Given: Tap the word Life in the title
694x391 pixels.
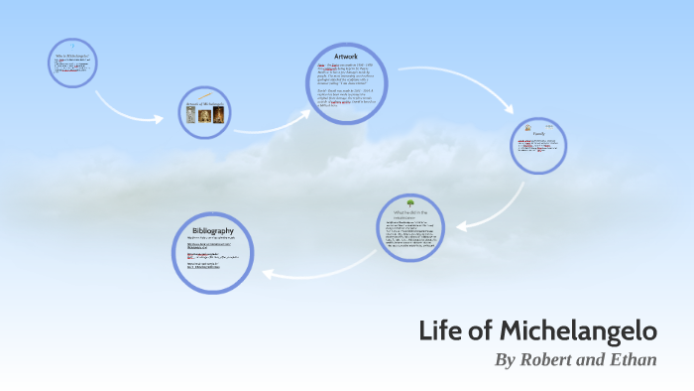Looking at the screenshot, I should (x=444, y=330).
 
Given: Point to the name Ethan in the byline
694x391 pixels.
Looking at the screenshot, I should (x=634, y=359).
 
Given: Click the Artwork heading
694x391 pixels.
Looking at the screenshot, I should (x=349, y=57).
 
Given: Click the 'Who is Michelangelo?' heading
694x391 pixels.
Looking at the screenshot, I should (x=74, y=56).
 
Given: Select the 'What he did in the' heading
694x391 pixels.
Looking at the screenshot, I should (x=410, y=212).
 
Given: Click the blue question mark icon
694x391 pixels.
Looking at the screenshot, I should (x=72, y=46).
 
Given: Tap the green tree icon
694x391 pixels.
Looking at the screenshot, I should (x=409, y=203).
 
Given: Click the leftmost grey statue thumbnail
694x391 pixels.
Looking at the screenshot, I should (x=190, y=115).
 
